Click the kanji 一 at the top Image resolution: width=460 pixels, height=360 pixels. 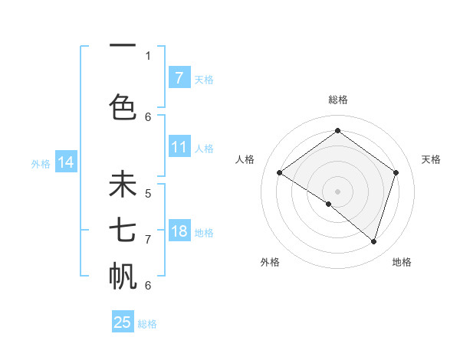[123, 46]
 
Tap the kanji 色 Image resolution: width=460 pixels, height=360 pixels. [123, 106]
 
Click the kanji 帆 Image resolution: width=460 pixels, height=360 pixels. [123, 275]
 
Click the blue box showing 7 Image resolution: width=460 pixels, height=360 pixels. [179, 77]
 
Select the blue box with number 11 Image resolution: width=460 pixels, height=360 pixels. [179, 147]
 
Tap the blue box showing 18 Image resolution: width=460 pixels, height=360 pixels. [179, 231]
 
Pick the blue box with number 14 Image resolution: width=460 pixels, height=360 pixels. [66, 162]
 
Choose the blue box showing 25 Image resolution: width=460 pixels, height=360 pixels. [123, 322]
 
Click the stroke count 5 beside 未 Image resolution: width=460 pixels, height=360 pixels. [148, 194]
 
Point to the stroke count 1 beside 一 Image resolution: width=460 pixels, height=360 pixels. [148, 55]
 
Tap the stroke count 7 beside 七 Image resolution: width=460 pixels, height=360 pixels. [148, 239]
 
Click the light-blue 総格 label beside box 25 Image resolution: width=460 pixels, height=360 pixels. [148, 324]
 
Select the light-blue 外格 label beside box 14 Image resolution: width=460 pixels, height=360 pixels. [41, 163]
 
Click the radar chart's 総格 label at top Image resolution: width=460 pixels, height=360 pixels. [337, 100]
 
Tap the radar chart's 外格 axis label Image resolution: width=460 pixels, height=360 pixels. [270, 262]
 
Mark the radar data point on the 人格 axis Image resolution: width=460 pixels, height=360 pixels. [280, 173]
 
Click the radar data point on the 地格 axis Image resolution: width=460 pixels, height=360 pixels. [373, 241]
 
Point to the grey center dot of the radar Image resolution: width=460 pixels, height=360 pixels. [337, 191]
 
